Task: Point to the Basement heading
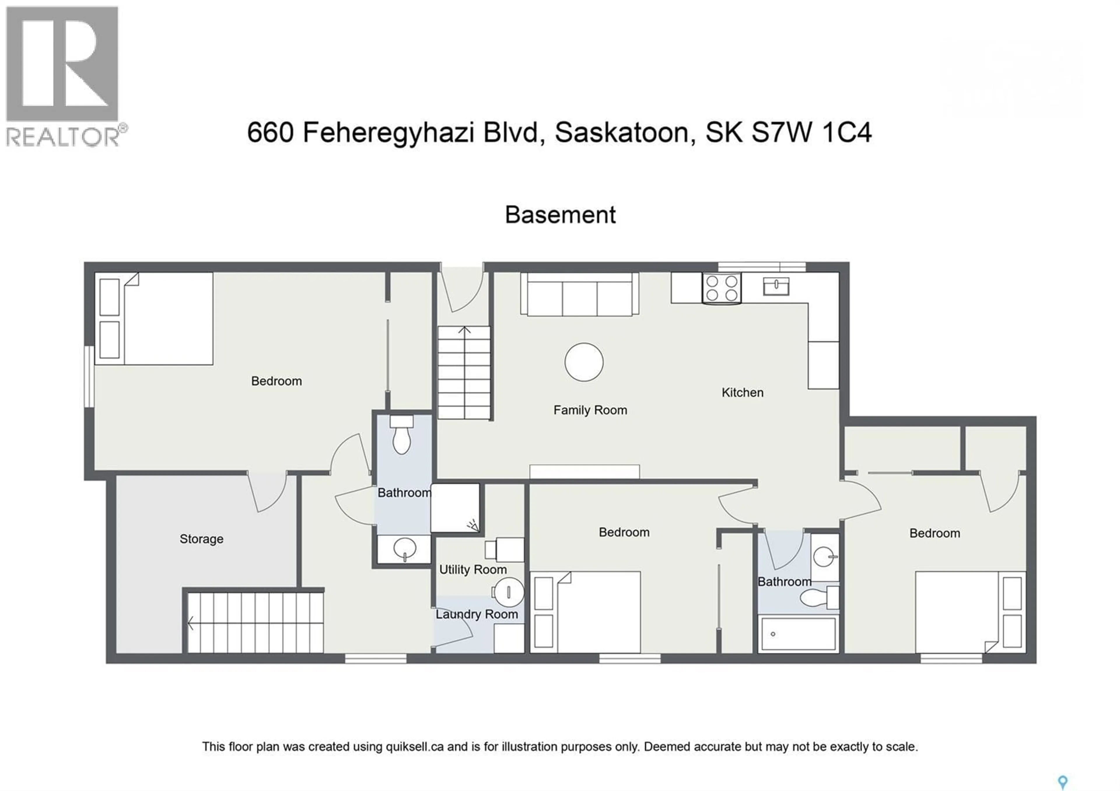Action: (x=560, y=215)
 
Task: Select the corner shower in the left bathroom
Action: (x=455, y=508)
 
